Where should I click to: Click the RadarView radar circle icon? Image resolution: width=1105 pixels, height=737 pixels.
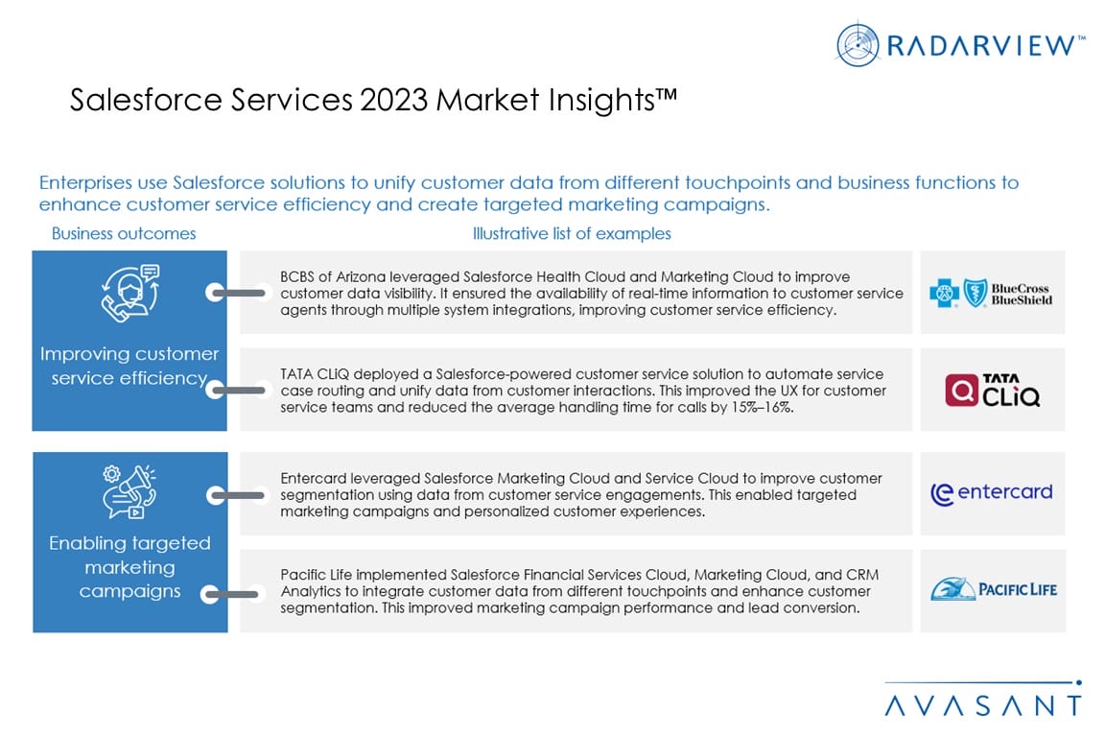coord(857,44)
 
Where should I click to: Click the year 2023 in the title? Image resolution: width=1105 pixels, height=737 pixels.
coord(393,100)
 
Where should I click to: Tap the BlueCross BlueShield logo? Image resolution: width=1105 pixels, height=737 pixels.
coord(990,293)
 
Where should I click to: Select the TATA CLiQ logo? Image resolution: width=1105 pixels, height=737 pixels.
coord(992,390)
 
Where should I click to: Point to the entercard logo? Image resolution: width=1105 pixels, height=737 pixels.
coord(991,492)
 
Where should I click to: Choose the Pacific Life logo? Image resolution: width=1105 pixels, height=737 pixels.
coord(993,588)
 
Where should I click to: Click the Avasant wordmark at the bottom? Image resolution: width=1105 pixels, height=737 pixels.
coord(982,704)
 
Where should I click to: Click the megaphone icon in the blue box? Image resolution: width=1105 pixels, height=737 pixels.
coord(129,491)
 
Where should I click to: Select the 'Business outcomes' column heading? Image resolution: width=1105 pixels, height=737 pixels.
coord(124,233)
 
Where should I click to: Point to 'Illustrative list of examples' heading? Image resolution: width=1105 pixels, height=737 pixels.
coord(572,233)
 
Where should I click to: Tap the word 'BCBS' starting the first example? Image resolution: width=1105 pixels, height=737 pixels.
coord(296,277)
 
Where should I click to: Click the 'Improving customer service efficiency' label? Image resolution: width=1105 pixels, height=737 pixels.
coord(129,366)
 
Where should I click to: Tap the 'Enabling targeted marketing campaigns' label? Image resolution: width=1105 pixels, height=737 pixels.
coord(129,567)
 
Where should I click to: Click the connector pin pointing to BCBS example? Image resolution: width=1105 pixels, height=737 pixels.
coord(236,293)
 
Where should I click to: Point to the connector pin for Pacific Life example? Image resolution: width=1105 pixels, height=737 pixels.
coord(231,595)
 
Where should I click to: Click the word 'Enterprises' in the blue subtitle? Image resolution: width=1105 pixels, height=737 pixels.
coord(85,183)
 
